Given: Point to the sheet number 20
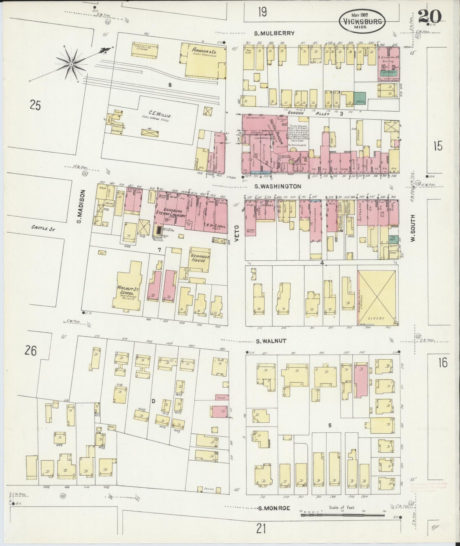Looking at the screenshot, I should [429, 17].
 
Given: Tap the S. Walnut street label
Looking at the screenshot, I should [271, 341].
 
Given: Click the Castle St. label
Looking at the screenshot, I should [43, 228].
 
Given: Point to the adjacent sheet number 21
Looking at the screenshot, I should [261, 529].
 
